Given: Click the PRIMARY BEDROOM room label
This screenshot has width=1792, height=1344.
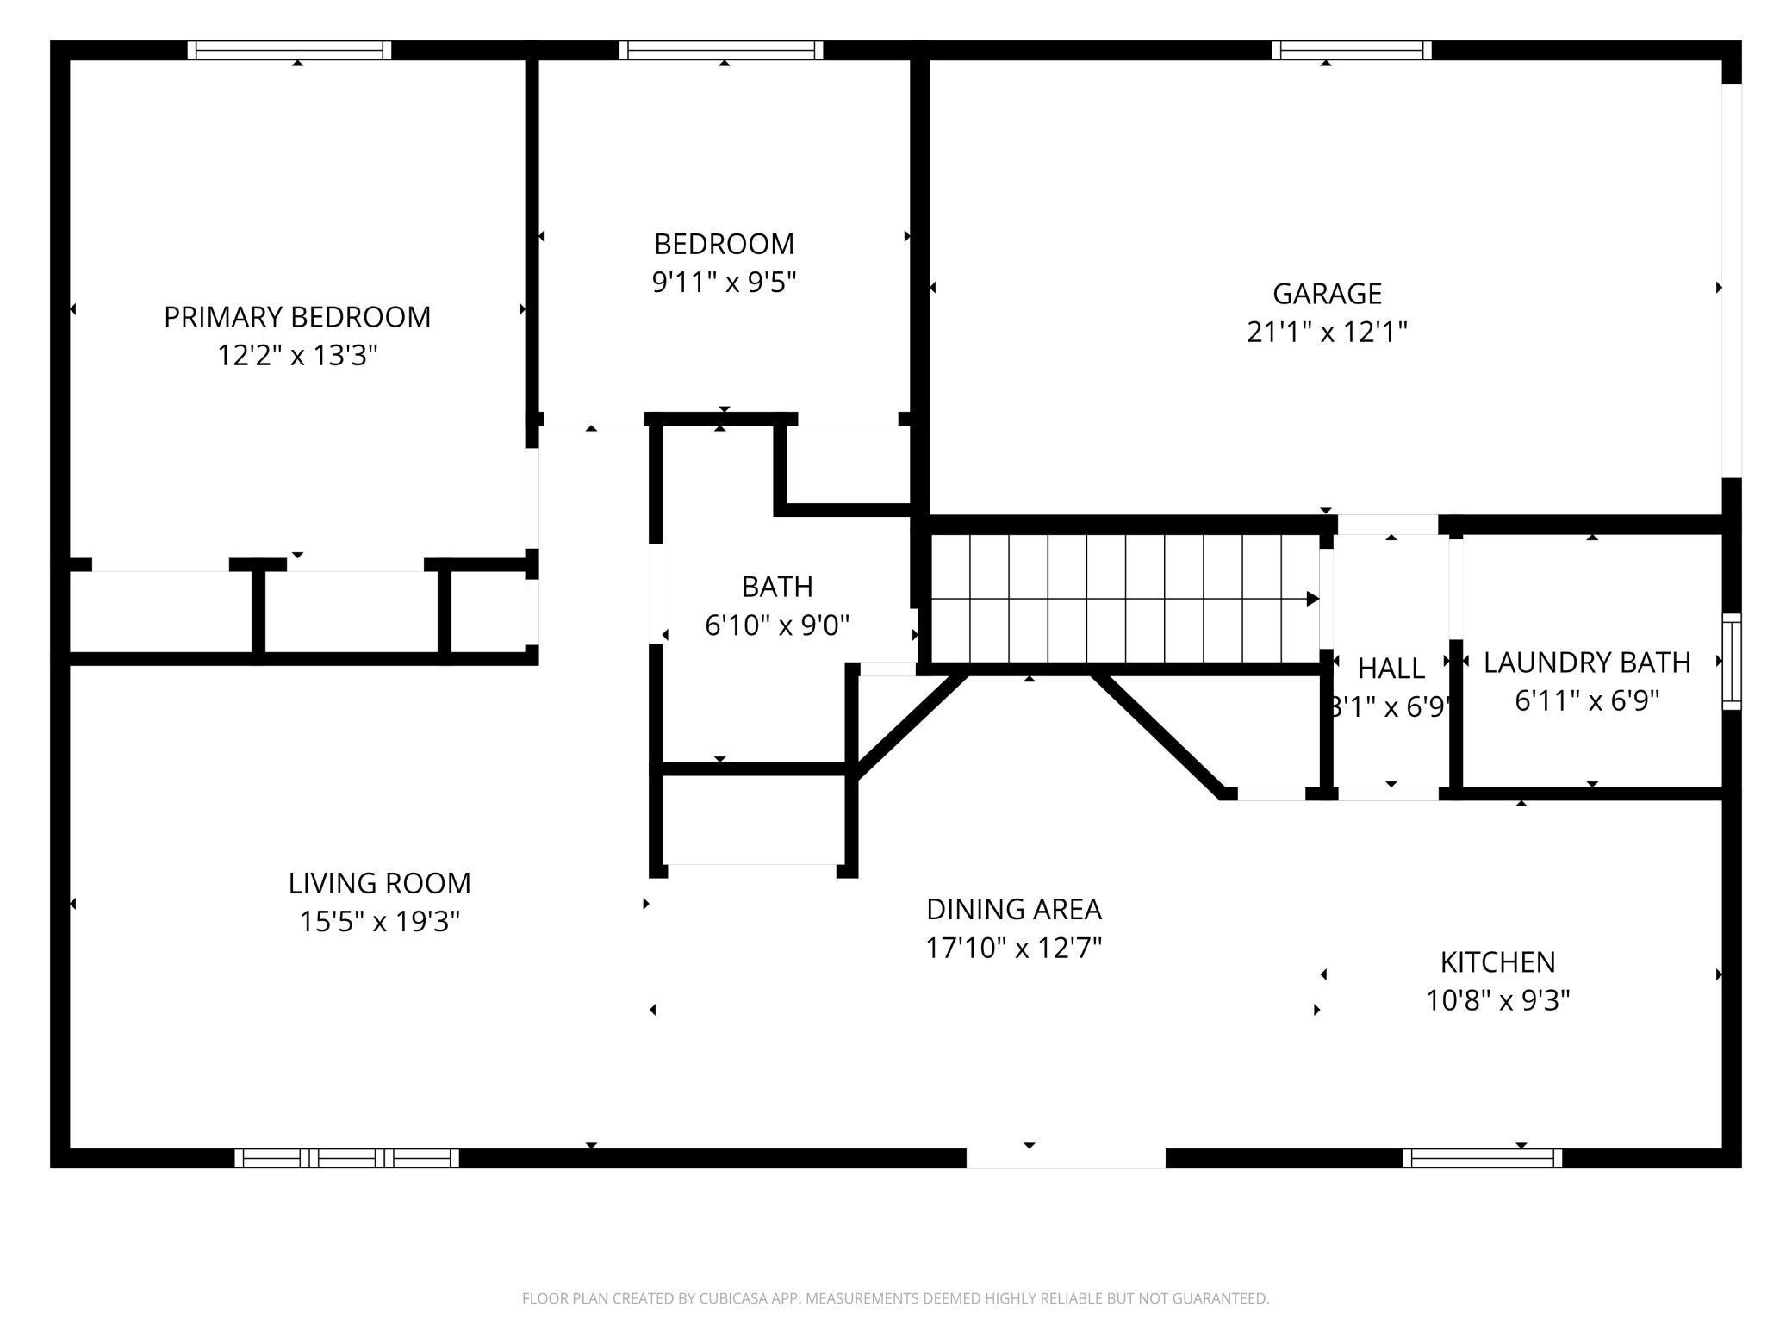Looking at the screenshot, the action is [x=297, y=317].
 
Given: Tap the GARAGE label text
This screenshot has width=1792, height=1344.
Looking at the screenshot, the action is [x=1327, y=294].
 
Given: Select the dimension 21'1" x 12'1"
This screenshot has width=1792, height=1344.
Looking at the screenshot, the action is [x=1327, y=332].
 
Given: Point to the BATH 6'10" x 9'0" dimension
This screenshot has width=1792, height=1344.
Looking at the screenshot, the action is [x=777, y=625].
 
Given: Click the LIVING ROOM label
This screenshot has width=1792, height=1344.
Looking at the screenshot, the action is [x=379, y=883].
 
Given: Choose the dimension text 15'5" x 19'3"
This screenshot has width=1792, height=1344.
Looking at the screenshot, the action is [x=379, y=922].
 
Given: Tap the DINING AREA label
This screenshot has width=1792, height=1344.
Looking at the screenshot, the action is [x=1014, y=909].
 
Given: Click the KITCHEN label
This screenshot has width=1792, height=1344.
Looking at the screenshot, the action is [x=1498, y=961].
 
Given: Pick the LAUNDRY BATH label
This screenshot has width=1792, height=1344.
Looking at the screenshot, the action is [x=1587, y=662].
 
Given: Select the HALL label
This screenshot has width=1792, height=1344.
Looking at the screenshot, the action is [x=1391, y=668].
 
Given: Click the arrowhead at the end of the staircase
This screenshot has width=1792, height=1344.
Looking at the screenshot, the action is [x=1313, y=599].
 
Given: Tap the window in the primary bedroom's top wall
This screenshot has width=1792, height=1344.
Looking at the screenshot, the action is [x=289, y=50].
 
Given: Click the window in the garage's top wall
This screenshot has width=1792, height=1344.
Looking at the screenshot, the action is [x=1352, y=50].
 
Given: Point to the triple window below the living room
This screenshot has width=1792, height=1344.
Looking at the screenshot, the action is [x=346, y=1158].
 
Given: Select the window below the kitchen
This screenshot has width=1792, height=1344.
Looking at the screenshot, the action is [x=1482, y=1158].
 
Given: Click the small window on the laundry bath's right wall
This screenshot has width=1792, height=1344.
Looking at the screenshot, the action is [x=1732, y=662].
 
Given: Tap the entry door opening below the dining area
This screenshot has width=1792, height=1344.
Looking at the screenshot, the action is [x=1066, y=1158].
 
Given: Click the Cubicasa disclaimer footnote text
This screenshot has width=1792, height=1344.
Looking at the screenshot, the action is [x=896, y=1297].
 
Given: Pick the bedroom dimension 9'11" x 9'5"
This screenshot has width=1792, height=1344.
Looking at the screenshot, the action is [x=724, y=282].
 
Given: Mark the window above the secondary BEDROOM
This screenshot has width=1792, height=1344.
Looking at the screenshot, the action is [x=721, y=50].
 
